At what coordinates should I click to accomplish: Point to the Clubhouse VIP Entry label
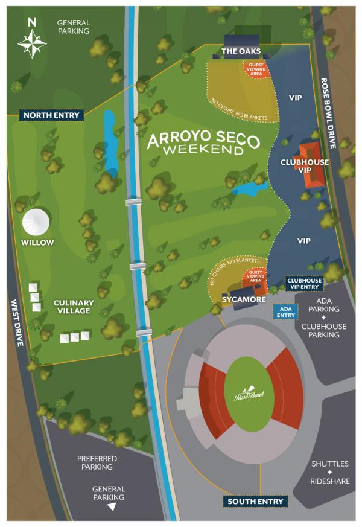303,283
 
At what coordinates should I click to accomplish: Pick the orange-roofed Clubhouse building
310,164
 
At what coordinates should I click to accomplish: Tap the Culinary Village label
72,307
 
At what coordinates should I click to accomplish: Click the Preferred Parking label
97,463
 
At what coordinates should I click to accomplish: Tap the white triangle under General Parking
111,508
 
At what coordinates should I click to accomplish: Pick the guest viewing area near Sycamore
255,278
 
